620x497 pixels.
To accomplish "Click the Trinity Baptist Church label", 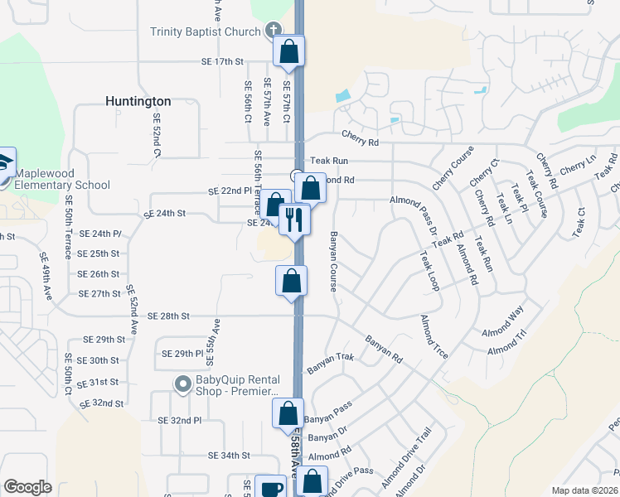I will (206, 32).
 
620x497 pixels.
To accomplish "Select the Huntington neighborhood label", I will (138, 101).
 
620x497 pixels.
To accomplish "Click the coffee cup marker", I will (270, 488).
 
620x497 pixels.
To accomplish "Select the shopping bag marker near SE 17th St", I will (289, 51).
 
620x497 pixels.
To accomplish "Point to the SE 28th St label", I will (169, 316).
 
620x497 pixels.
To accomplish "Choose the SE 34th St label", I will (229, 456).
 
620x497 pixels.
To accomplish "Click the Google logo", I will (27, 487).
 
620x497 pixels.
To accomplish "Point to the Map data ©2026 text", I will (584, 490).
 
